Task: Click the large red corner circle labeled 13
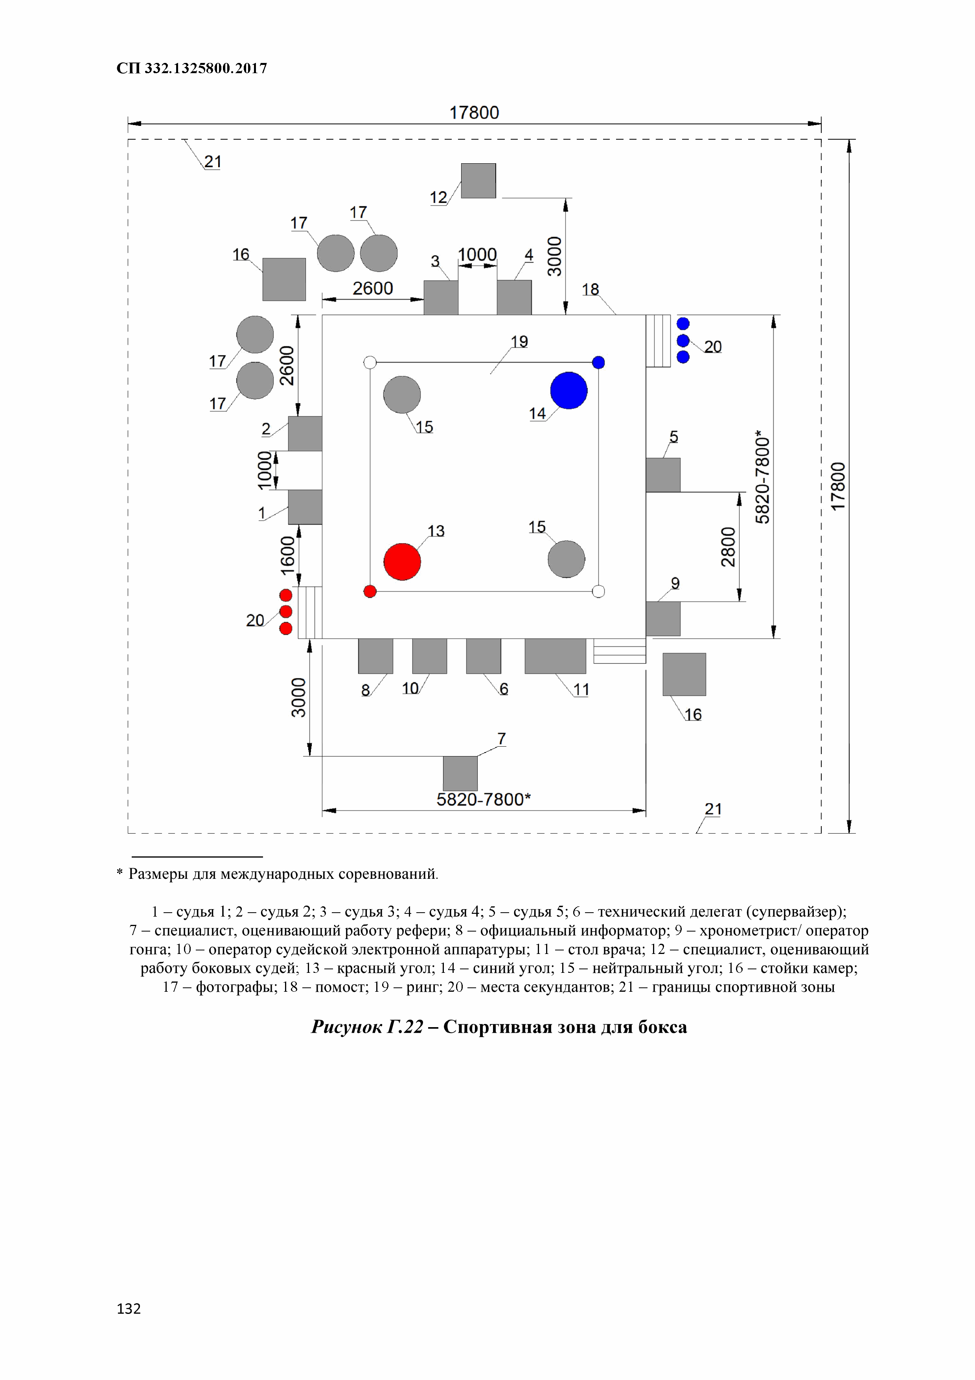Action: [402, 561]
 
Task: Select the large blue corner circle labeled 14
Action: [568, 391]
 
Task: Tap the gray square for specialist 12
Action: [478, 180]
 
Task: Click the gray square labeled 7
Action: [460, 773]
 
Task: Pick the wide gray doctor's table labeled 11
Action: [555, 656]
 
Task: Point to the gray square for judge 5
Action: [663, 475]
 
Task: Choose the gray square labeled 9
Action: [663, 618]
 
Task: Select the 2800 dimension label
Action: [728, 546]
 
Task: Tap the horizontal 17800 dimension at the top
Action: [474, 113]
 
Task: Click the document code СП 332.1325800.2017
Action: [191, 68]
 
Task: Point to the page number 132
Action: [129, 1308]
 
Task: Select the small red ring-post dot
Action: [370, 591]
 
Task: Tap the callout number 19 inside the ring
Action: [519, 341]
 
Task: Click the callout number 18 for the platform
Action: [590, 289]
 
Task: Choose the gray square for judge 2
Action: [305, 434]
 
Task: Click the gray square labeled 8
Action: [375, 656]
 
